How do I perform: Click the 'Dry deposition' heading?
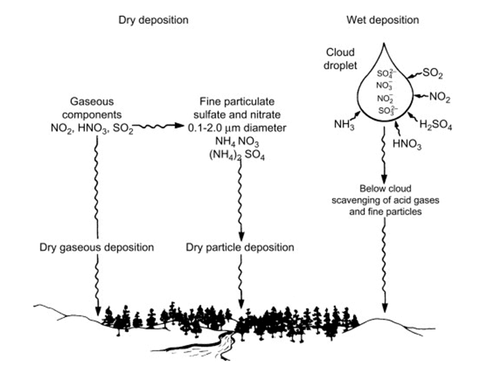(154, 20)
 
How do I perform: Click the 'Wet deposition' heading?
(383, 20)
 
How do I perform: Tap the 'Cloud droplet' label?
(340, 58)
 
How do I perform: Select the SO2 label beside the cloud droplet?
(433, 73)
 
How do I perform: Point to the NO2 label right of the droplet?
(440, 97)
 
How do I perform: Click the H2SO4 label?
(436, 125)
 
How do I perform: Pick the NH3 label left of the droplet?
(344, 125)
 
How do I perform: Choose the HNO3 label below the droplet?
(407, 144)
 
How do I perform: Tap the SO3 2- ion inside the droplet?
(388, 110)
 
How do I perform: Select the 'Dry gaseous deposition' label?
(97, 247)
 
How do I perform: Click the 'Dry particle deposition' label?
(240, 247)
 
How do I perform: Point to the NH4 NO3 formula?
(237, 142)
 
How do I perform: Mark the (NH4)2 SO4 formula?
(237, 156)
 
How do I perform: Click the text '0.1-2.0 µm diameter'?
(237, 128)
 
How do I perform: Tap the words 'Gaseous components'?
(92, 108)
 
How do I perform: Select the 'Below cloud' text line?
(385, 188)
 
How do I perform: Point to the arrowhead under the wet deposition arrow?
(385, 308)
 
